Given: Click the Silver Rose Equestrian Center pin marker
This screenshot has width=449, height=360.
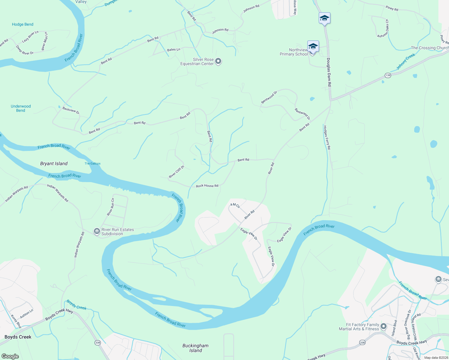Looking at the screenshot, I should (x=218, y=61).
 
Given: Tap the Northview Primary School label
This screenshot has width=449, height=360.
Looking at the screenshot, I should (x=294, y=52).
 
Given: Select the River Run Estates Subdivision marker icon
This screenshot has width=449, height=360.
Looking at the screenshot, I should (x=97, y=231).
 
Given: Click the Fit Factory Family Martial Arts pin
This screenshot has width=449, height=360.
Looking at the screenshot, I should (x=383, y=326).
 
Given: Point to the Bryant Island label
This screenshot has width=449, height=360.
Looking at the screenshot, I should (x=54, y=163).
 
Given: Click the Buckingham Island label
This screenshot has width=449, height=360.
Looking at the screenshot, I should (x=195, y=348).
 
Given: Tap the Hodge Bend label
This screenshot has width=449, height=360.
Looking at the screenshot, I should (x=23, y=24).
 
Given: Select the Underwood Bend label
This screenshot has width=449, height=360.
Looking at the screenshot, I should (x=21, y=108).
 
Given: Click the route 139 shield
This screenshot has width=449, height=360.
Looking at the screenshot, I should (x=388, y=75).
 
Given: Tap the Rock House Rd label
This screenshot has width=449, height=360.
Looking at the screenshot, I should (x=207, y=186).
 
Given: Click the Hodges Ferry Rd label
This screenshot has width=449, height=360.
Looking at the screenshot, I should (x=327, y=137).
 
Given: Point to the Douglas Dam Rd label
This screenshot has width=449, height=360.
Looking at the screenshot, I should (x=329, y=72).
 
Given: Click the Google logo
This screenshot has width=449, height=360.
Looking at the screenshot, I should (x=10, y=356).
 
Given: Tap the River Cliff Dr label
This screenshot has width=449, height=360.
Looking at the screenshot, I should (x=176, y=172).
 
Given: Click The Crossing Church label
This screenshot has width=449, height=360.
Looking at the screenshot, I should (x=429, y=48).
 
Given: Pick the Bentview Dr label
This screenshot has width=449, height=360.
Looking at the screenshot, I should (x=71, y=110).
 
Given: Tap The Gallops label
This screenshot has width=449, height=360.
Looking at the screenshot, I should (x=92, y=163).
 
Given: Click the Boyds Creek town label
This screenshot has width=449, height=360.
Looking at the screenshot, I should (x=18, y=337).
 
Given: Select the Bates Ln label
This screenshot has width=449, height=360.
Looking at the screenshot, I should (x=173, y=49).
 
